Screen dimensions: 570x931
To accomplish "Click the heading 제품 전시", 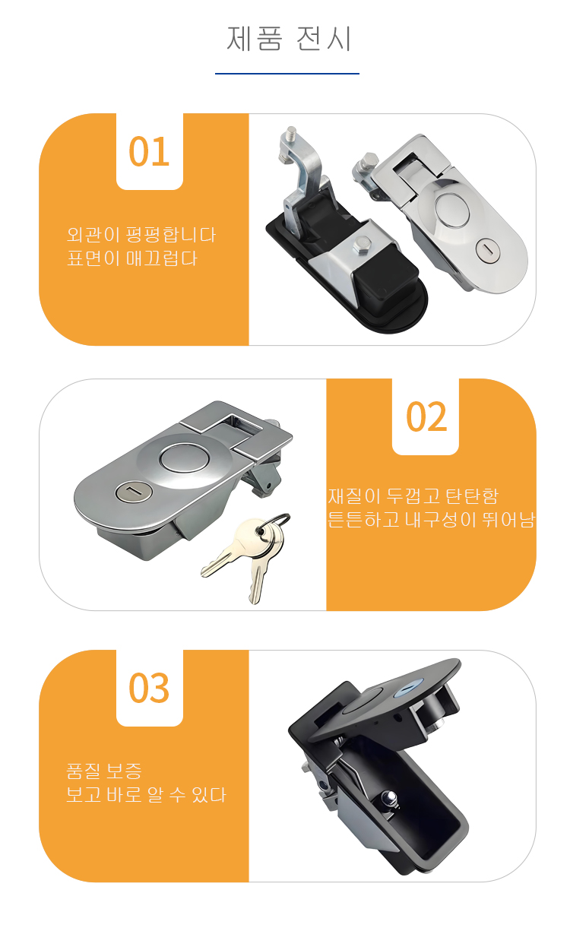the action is pos(289,39).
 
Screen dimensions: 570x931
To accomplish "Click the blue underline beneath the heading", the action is pos(287,74).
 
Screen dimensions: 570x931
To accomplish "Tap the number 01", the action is pos(149,152).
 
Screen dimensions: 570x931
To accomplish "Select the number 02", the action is pos(426,417).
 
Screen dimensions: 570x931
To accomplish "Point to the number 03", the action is pos(149,688).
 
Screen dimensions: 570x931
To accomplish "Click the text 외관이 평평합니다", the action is pos(141,235).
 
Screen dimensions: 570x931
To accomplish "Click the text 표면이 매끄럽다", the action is pos(131,258).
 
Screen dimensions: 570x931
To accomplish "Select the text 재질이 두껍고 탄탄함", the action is pos(413,496).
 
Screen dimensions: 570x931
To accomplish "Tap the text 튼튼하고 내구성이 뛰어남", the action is pos(431,520).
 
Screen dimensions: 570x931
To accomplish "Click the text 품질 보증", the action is pos(104,771).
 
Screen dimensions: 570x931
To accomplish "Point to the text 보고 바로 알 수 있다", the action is pos(146,795).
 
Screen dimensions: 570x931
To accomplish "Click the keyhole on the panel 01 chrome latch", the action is pos(486,251).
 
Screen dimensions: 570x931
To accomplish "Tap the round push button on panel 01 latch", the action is pos(452,210).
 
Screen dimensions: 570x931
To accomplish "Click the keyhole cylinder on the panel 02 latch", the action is pos(134,493).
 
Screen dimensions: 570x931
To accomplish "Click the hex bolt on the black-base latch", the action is pos(362,245).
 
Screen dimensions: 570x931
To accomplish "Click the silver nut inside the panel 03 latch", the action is pos(390,797).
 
